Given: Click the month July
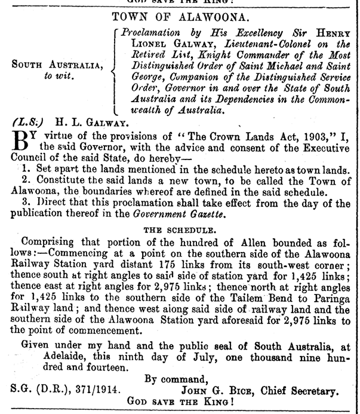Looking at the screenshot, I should [x=181, y=356].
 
